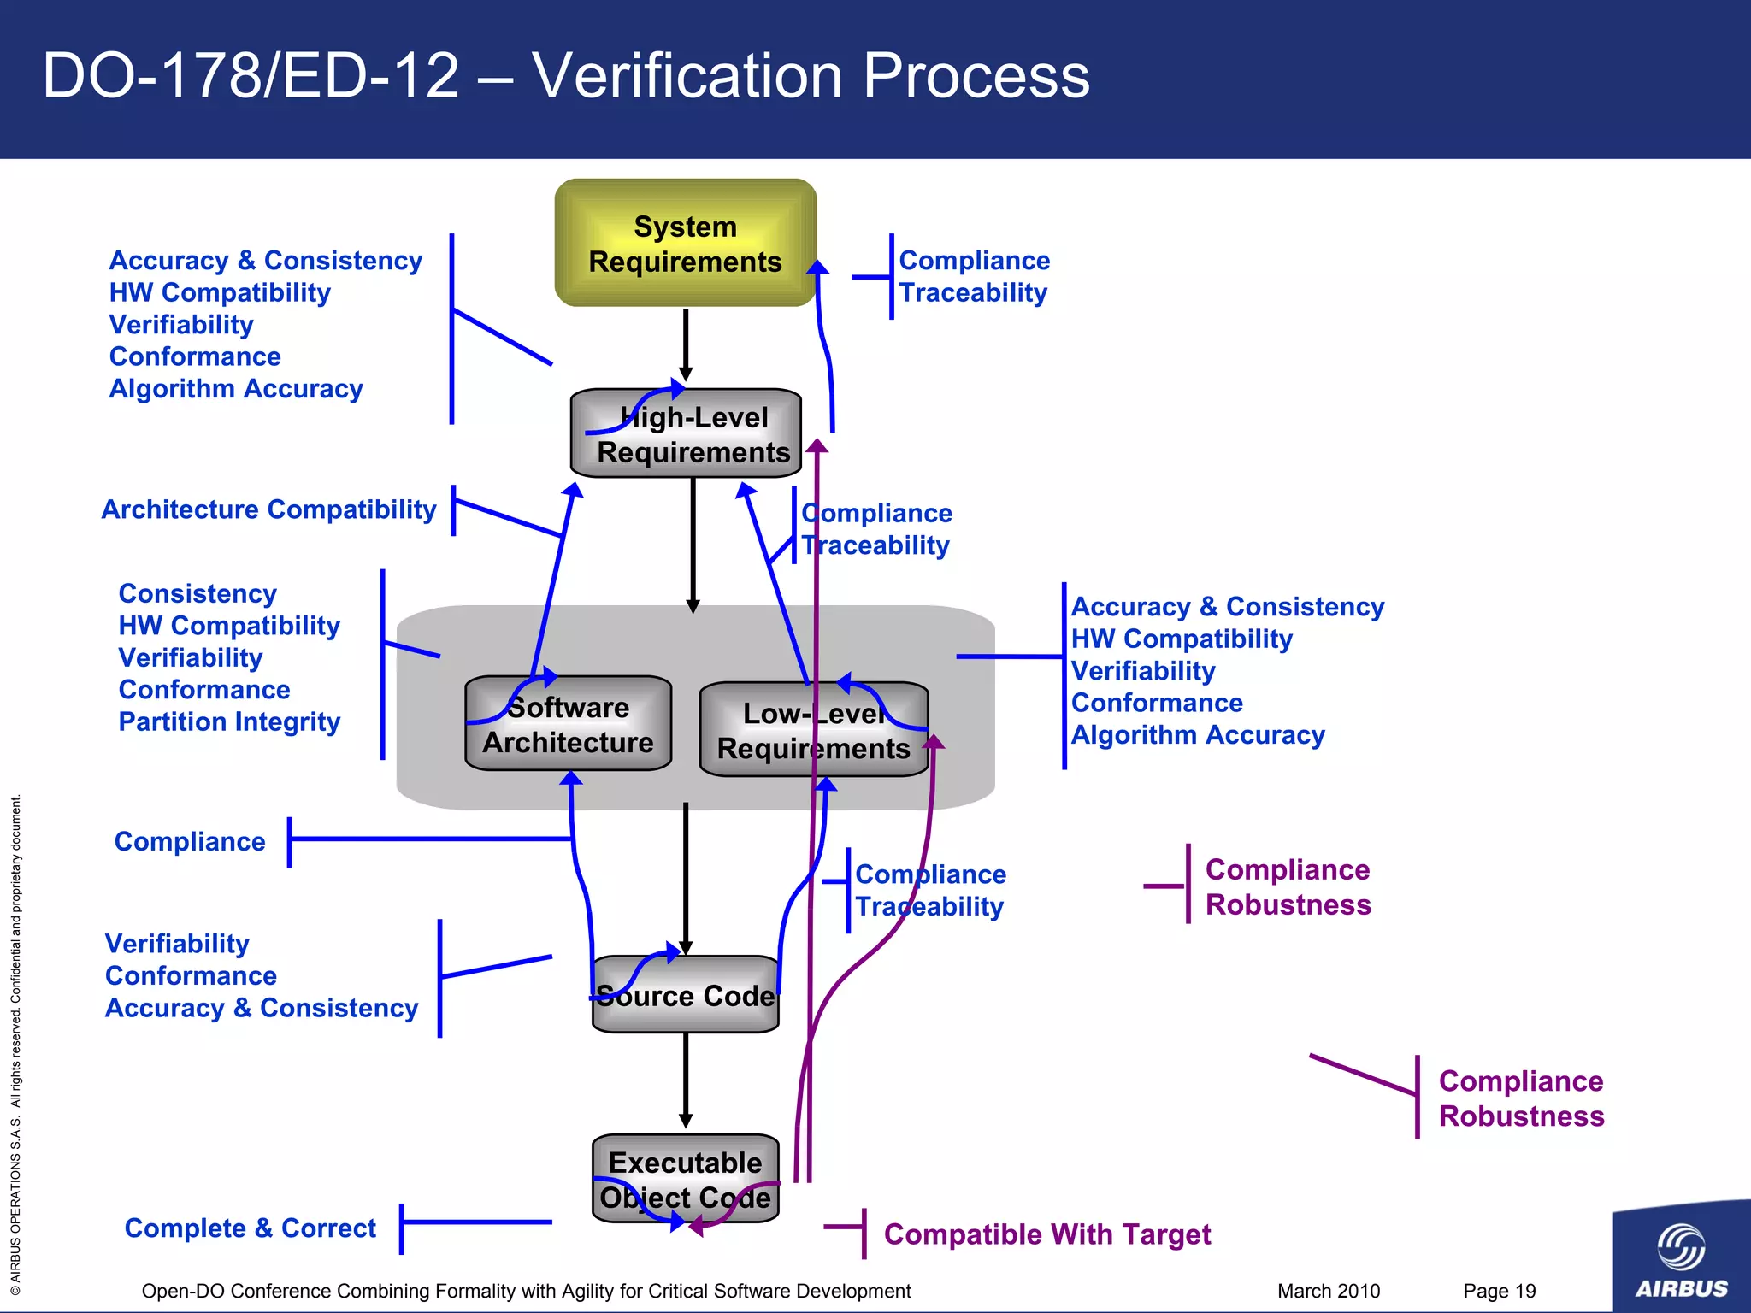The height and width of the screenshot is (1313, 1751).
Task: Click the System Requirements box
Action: coord(685,244)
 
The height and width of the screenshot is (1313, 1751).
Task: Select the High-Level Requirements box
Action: coord(687,434)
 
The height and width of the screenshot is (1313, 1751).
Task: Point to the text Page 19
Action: coord(1499,1291)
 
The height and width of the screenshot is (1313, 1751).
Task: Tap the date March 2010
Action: coord(1328,1291)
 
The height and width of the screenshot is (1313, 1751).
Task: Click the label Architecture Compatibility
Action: coord(268,509)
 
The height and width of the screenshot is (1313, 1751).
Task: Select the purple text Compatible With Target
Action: coord(1046,1234)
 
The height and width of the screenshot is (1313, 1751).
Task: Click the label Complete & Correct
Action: coord(250,1228)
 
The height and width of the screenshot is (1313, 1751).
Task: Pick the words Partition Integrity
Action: coord(229,722)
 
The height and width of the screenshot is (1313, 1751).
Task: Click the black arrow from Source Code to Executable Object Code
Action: coord(685,1079)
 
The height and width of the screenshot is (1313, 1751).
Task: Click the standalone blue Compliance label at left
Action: coord(190,842)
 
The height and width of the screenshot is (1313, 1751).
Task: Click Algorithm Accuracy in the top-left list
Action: coord(236,389)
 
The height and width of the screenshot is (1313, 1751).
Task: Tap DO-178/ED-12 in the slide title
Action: coord(251,77)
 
